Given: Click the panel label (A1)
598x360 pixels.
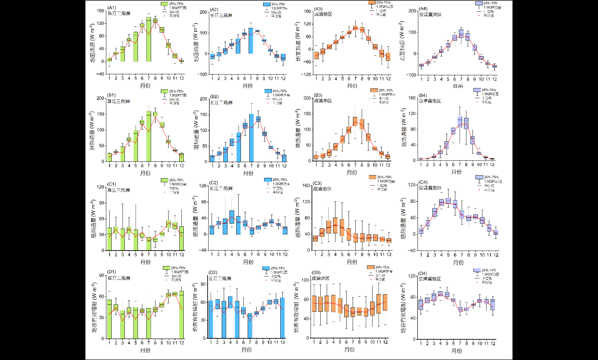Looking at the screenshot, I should click(x=112, y=8).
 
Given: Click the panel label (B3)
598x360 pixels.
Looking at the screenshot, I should click(x=318, y=95).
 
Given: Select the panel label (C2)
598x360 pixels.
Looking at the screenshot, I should click(x=214, y=183).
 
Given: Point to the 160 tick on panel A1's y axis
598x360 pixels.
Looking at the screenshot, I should click(x=100, y=11).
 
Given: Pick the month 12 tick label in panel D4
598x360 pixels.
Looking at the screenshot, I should click(x=493, y=344).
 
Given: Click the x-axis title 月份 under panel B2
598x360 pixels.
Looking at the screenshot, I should click(x=248, y=173).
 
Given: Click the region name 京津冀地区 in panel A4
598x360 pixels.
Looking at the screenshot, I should click(x=430, y=14).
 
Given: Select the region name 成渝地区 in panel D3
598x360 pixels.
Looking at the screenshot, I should click(x=321, y=278).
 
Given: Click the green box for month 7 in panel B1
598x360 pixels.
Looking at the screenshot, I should click(x=149, y=136).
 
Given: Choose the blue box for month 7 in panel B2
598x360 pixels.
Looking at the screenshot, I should click(x=251, y=138).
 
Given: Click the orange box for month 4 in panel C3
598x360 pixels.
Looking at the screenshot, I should click(x=335, y=225).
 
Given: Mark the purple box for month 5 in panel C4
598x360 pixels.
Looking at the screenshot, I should click(x=448, y=201).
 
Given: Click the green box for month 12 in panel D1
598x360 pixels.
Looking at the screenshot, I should click(x=182, y=315).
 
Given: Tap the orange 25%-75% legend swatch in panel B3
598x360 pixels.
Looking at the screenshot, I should click(x=374, y=91).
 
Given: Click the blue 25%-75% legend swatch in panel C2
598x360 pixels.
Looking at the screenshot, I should click(x=268, y=180).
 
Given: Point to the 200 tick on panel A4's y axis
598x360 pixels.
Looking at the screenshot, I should click(x=412, y=11).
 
